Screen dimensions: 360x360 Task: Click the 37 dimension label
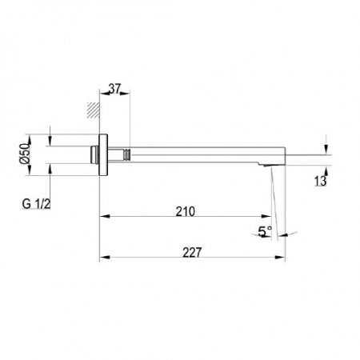click(x=115, y=89)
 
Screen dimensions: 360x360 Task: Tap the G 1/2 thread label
click(x=36, y=204)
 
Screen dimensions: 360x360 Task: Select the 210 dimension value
click(x=186, y=211)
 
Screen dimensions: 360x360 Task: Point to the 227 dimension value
click(x=192, y=253)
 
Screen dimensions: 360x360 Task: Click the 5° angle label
click(x=265, y=231)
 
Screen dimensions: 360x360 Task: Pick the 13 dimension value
click(x=320, y=181)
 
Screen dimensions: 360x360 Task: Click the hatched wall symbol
click(x=94, y=110)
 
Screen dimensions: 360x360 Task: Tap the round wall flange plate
click(x=103, y=155)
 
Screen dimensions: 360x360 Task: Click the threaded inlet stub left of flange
click(x=94, y=154)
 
